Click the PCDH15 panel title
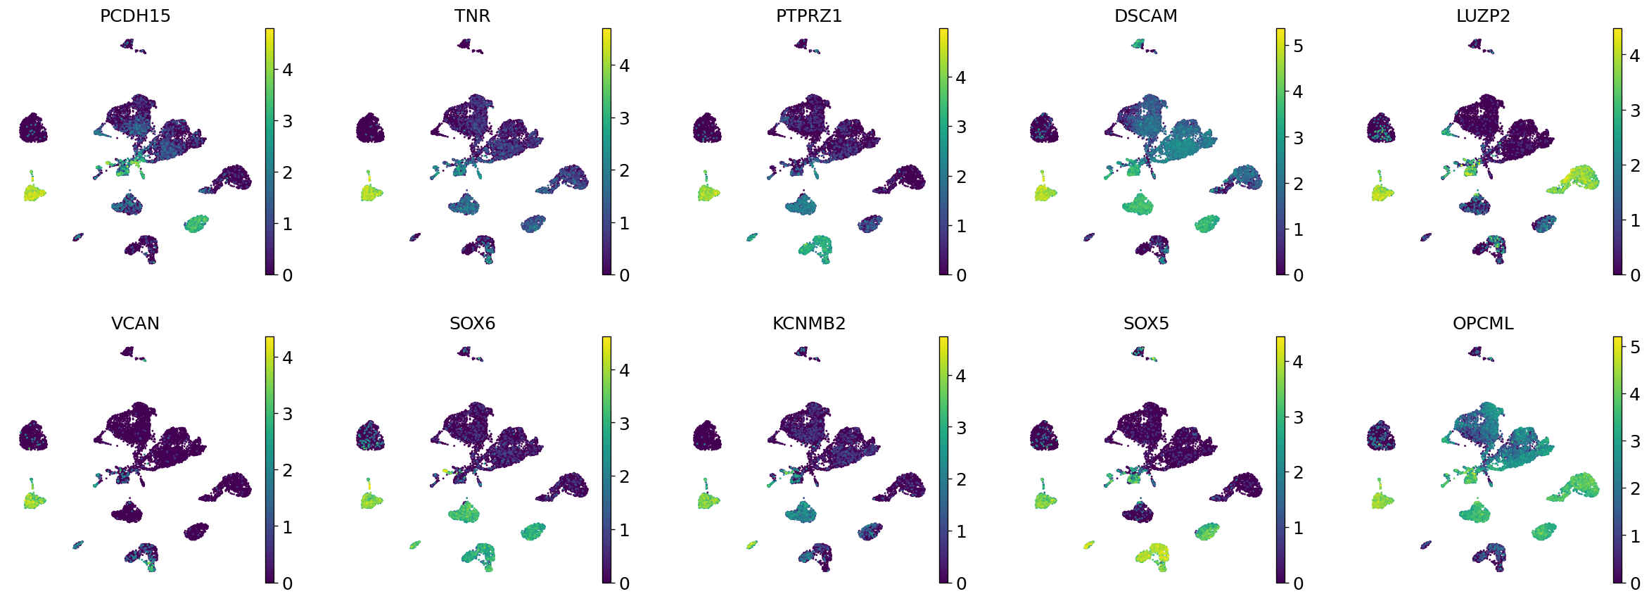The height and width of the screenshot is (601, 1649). point(135,16)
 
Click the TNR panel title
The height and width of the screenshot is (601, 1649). point(472,16)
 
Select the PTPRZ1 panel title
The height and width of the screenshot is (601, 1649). point(809,16)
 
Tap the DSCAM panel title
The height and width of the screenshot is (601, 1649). point(1145,16)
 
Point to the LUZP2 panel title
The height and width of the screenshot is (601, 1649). point(1483,16)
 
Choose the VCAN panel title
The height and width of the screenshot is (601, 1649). point(135,324)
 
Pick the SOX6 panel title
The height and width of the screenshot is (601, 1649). point(472,324)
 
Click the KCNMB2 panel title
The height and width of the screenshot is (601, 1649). point(809,324)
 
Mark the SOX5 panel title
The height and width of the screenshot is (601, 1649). point(1145,324)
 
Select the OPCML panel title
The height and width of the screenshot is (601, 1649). point(1483,324)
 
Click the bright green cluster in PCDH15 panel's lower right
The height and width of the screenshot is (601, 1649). point(196,224)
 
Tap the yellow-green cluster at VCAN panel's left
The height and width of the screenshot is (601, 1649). point(33,500)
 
